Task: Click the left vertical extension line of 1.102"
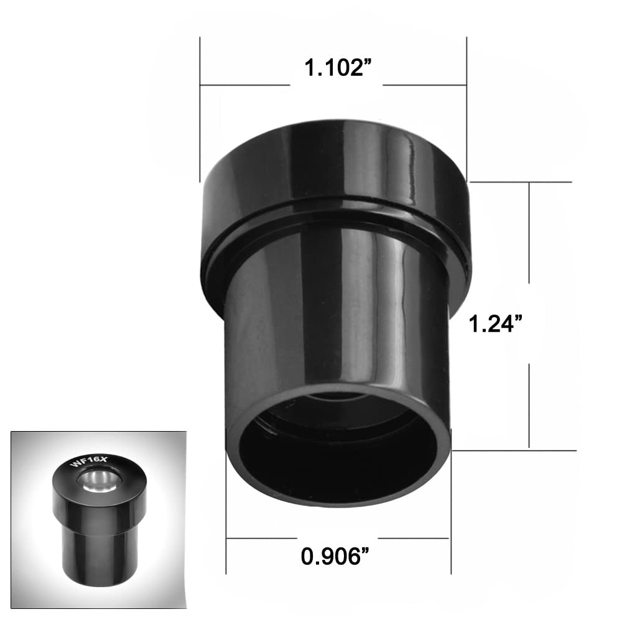point(200,106)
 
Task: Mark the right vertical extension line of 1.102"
point(466,106)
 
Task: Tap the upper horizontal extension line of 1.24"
point(522,182)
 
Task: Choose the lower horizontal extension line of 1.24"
point(516,449)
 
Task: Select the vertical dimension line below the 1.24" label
point(529,404)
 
